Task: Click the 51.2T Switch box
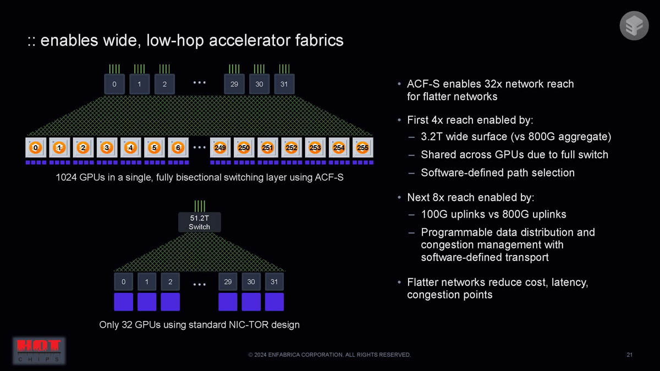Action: tap(199, 222)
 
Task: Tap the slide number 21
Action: tap(629, 355)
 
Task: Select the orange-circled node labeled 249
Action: tap(220, 148)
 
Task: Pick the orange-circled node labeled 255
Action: tap(362, 148)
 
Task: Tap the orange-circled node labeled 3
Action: tap(106, 148)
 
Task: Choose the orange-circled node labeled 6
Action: tap(178, 148)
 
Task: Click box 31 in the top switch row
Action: tap(284, 84)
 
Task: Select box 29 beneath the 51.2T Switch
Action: tap(228, 282)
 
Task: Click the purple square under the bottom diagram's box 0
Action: tap(123, 302)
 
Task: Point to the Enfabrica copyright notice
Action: tap(329, 355)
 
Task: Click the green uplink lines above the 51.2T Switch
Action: tap(199, 206)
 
